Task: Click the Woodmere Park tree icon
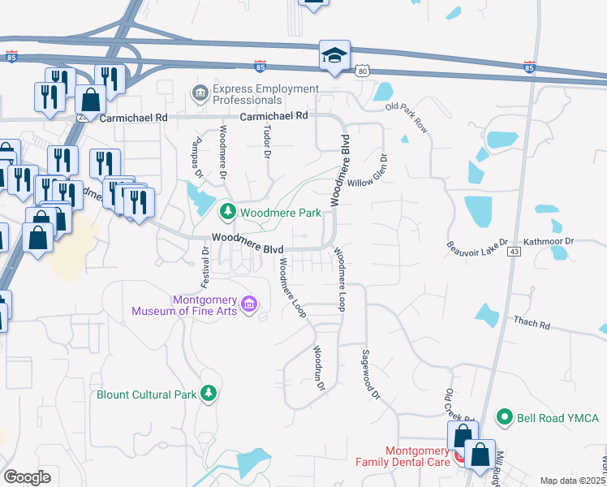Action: (228, 213)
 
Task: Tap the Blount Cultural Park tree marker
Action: (209, 394)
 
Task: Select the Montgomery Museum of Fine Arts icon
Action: (249, 304)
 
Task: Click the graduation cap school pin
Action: (334, 55)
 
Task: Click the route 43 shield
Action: (514, 252)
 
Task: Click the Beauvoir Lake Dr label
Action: (477, 243)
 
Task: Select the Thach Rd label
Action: (532, 323)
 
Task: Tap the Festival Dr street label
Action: (205, 267)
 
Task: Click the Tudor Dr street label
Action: (266, 142)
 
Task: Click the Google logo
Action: (28, 477)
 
